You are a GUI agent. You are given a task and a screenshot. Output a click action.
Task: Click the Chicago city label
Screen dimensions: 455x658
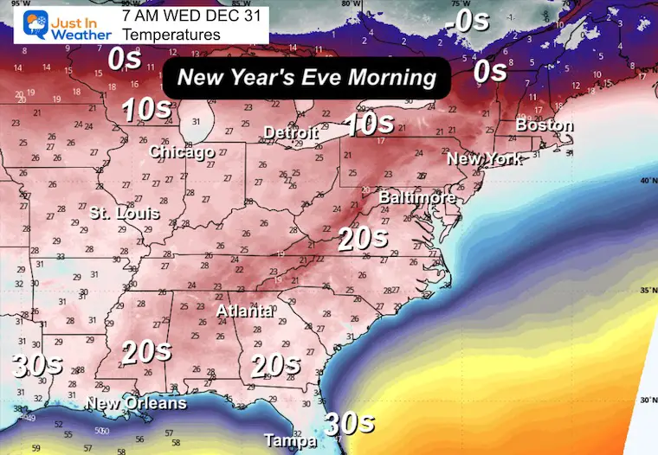[x=182, y=152]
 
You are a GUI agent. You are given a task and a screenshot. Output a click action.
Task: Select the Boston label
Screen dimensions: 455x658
[x=545, y=125]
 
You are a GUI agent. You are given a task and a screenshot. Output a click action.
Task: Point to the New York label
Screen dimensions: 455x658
[x=484, y=159]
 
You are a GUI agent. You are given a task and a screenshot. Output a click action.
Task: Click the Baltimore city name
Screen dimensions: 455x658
[x=417, y=198]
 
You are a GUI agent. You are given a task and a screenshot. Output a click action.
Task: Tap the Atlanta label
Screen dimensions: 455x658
[x=246, y=311]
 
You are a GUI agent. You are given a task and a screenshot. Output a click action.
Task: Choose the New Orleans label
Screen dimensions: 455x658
[x=136, y=404]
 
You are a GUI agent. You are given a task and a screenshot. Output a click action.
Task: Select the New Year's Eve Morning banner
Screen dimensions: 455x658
[x=306, y=78]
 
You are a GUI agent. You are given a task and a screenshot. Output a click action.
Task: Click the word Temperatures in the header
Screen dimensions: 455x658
[x=171, y=35]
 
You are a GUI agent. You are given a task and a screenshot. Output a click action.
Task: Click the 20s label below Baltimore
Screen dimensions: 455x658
[x=363, y=239]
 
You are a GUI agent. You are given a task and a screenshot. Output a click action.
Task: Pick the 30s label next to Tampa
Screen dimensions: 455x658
[x=349, y=423]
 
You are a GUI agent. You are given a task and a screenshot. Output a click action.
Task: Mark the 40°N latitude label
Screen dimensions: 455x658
[x=646, y=181]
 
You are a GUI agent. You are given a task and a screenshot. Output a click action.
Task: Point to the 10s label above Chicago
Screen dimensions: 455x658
[x=145, y=110]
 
